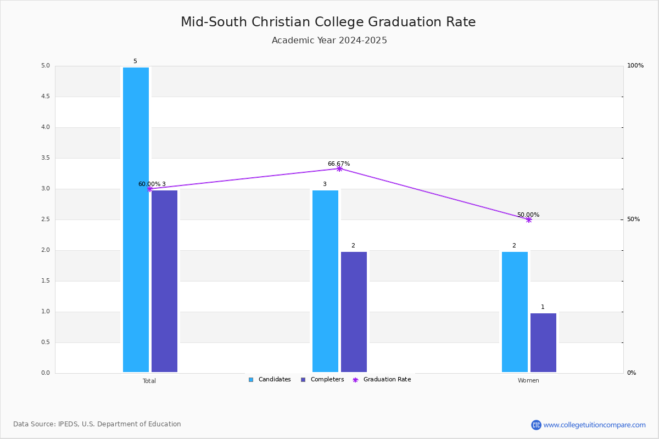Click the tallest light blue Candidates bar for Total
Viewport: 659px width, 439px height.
[x=136, y=219]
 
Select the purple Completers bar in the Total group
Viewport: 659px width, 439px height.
[x=164, y=281]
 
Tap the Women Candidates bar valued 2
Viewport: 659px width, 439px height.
[x=515, y=312]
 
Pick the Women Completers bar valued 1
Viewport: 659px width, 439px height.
[x=543, y=342]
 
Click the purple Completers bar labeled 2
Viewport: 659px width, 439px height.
[x=354, y=312]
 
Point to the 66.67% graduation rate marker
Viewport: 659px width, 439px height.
[x=339, y=169]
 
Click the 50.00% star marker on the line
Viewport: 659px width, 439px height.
[x=529, y=219]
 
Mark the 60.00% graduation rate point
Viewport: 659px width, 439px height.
[x=150, y=189]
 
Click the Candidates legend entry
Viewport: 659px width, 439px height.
[x=270, y=380]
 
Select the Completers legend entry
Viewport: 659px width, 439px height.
[x=322, y=380]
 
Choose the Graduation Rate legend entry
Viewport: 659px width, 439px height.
[x=382, y=380]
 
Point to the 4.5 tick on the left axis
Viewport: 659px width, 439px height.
[x=46, y=97]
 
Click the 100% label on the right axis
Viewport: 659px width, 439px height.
[x=635, y=65]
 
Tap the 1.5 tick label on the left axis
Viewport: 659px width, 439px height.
[x=46, y=281]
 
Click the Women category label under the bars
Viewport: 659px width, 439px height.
[x=528, y=380]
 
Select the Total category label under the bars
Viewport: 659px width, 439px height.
[x=149, y=381]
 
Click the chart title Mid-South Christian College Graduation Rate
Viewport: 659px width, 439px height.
[x=328, y=22]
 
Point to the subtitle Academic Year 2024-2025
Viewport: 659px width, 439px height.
[x=329, y=40]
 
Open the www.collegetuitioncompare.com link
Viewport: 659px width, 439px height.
[x=594, y=425]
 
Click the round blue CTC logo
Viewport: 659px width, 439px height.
[x=536, y=425]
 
